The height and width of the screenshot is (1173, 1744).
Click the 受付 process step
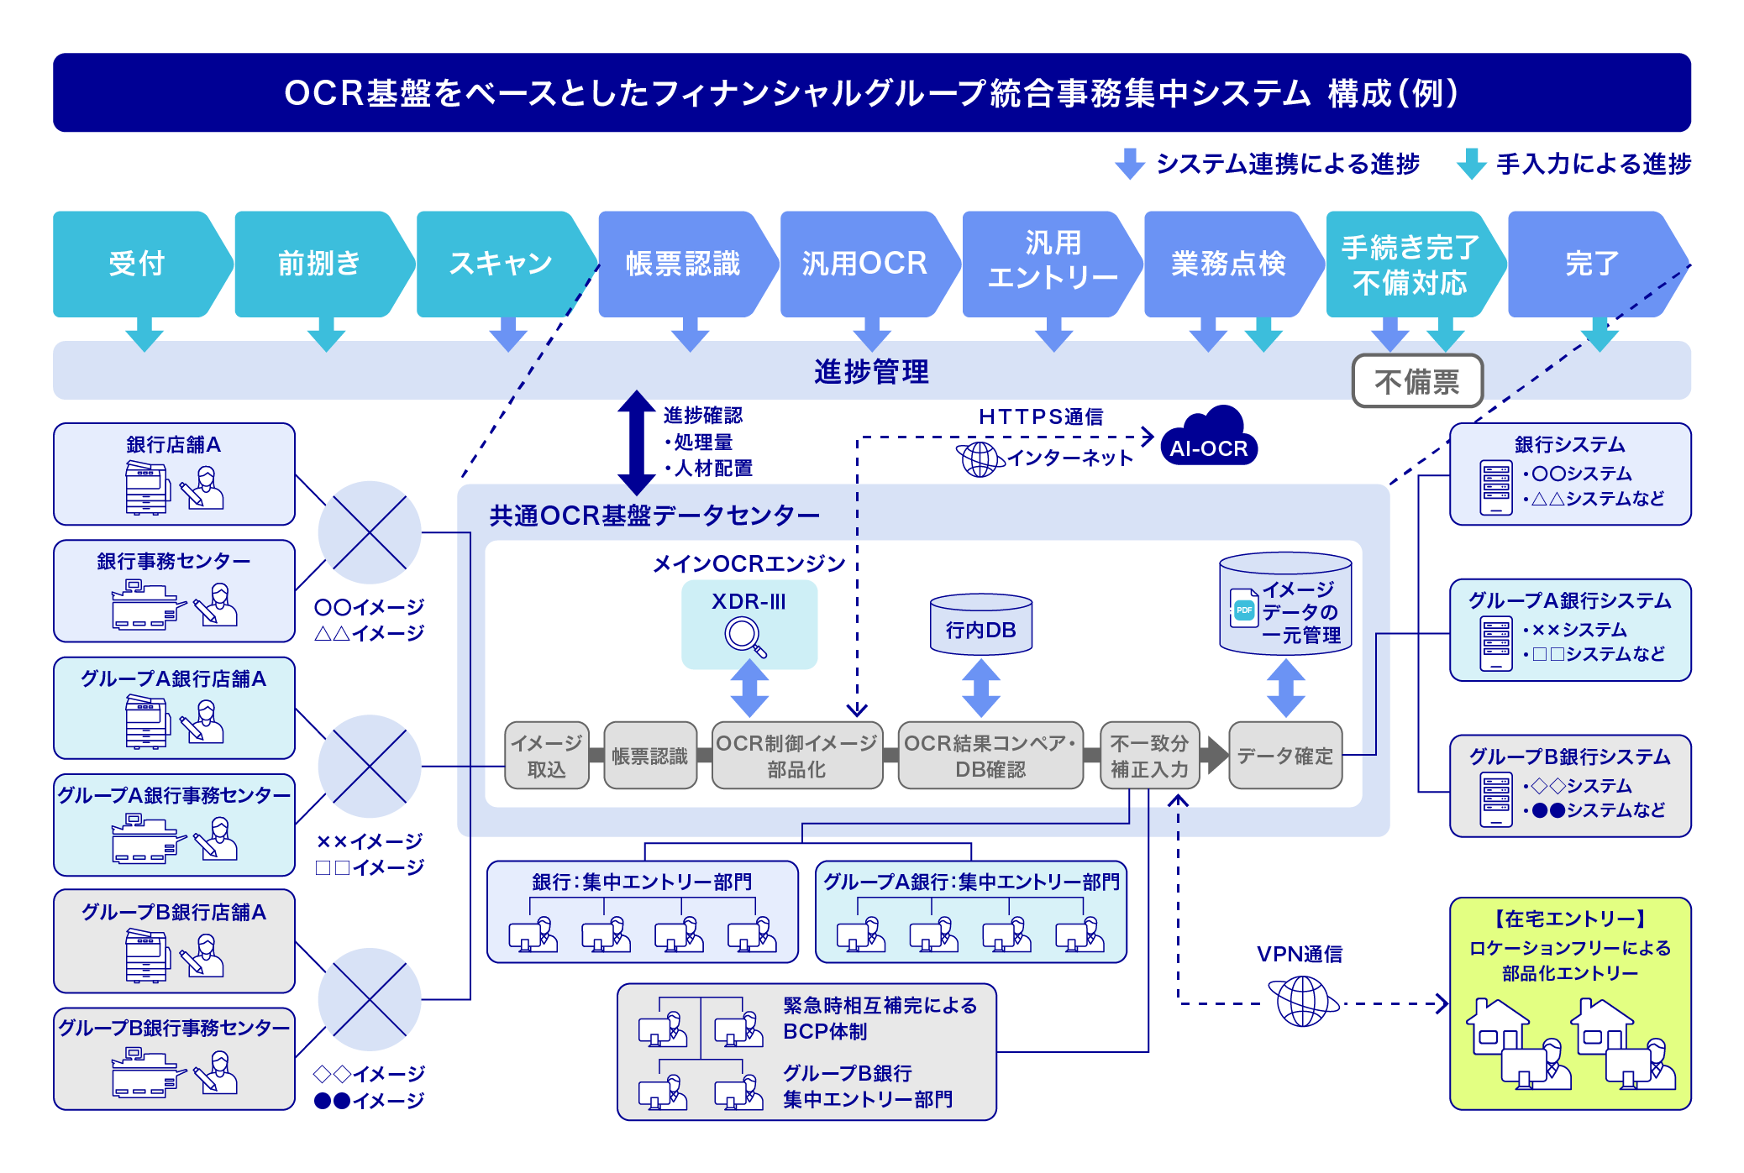point(137,264)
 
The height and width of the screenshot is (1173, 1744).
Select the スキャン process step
point(501,264)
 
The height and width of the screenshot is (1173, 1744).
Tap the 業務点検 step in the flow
point(1228,264)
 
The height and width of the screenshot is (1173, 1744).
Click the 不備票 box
point(1417,382)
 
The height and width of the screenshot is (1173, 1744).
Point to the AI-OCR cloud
point(1209,440)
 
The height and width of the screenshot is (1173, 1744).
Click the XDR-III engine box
point(749,624)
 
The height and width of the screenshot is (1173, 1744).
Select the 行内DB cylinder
point(981,625)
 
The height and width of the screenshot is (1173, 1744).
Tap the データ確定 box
point(1284,756)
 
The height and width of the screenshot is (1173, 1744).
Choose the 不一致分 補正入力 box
point(1149,756)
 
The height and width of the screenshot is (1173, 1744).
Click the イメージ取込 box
point(546,756)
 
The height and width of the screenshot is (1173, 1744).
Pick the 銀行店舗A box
point(174,474)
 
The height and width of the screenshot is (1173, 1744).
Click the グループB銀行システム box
point(1569,786)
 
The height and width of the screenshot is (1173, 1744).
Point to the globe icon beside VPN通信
point(1302,1002)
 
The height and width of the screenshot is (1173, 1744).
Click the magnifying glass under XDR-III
point(745,636)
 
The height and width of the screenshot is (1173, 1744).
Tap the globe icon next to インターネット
point(980,458)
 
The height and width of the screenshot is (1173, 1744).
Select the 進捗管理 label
point(871,371)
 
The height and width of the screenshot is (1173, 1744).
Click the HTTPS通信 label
point(1040,416)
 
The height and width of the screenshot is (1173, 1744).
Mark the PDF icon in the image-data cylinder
point(1243,609)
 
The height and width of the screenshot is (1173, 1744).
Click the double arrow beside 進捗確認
point(636,442)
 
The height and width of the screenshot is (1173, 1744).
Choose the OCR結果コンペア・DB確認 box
point(990,756)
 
